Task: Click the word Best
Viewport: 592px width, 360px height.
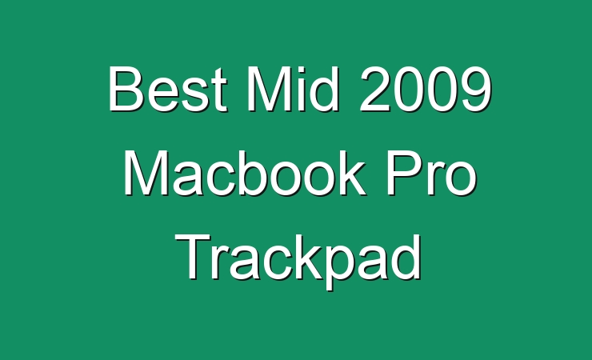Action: (x=168, y=89)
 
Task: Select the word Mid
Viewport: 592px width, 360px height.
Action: (x=293, y=89)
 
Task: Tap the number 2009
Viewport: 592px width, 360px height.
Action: (x=426, y=89)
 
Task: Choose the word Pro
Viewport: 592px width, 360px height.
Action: (x=431, y=173)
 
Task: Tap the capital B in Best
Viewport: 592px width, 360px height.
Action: (x=125, y=89)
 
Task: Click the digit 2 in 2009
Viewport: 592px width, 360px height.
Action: (x=376, y=89)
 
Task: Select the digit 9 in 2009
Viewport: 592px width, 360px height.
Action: (x=476, y=89)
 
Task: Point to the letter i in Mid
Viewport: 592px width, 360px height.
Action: (x=298, y=89)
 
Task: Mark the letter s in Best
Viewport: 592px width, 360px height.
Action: (x=199, y=95)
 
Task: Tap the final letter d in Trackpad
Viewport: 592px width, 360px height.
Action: (x=406, y=257)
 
